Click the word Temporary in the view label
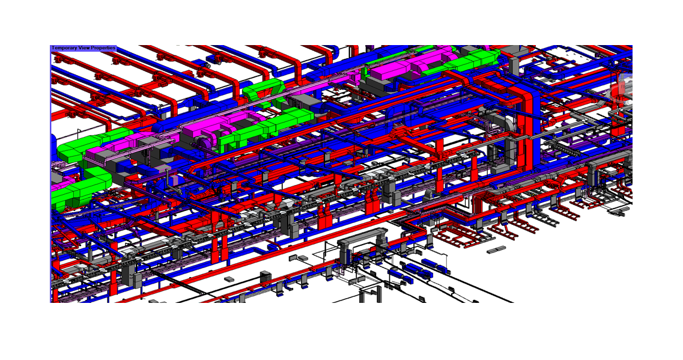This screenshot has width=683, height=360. click(x=64, y=48)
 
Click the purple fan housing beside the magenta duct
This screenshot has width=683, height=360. click(x=202, y=144)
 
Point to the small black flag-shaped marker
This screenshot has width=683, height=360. click(x=79, y=132)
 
